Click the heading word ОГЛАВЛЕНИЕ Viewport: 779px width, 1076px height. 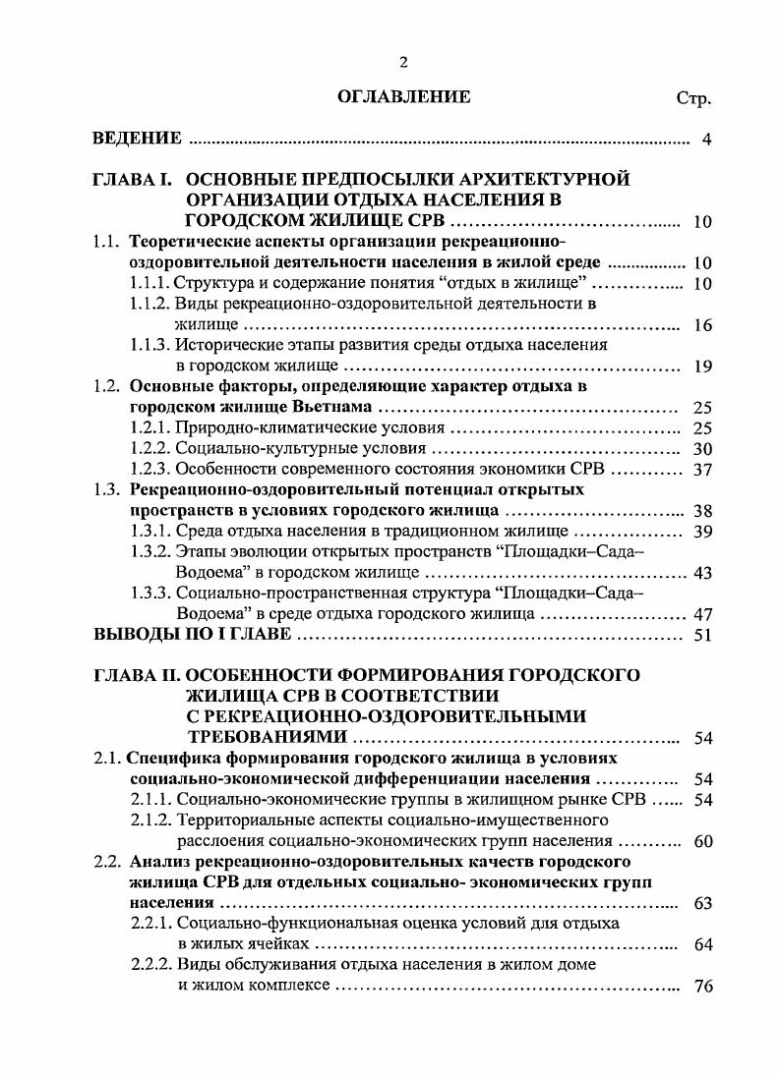click(x=404, y=96)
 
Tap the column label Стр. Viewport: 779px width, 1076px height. click(x=693, y=99)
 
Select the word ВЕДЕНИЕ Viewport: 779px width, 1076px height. click(x=137, y=138)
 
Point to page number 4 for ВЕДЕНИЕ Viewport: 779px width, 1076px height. click(x=706, y=139)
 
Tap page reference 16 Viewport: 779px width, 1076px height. click(x=702, y=325)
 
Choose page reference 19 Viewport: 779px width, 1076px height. click(x=702, y=367)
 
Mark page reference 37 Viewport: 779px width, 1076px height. click(x=702, y=469)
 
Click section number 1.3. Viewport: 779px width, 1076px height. click(x=107, y=489)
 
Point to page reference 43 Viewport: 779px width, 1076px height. click(x=702, y=572)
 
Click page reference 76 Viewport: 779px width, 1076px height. click(x=702, y=986)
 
